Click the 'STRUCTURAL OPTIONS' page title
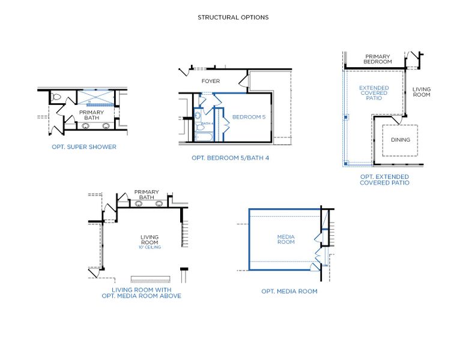pos(233,17)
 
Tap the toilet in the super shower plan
pos(56,97)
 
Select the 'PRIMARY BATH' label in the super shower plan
pos(91,115)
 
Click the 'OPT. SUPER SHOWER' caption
pos(83,146)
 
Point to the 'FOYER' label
pos(210,81)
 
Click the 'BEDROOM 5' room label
pos(249,117)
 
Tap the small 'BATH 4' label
pos(207,124)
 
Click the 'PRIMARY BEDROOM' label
pos(378,59)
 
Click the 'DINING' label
pos(401,140)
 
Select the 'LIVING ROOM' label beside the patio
pos(421,92)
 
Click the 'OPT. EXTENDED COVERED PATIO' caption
pos(384,179)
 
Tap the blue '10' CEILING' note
pos(150,247)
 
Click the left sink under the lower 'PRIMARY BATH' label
pos(138,204)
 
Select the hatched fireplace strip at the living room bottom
pos(151,280)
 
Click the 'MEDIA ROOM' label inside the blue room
pos(285,239)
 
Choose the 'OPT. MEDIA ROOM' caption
pos(289,291)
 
